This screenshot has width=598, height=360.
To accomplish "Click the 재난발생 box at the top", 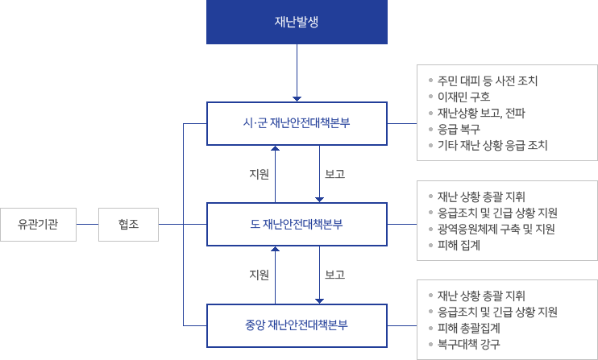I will click(x=297, y=22).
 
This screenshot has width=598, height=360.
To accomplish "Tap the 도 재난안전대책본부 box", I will click(x=297, y=223).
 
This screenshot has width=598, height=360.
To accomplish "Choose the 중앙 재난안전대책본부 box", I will click(x=297, y=325).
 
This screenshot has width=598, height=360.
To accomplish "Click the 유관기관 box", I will click(x=38, y=223).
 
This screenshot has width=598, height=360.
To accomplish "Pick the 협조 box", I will click(x=129, y=223).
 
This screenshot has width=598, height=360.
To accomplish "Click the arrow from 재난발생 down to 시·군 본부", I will click(x=297, y=72).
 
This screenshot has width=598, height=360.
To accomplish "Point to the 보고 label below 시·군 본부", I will click(x=334, y=173).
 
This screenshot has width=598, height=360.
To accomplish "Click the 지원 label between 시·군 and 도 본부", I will click(x=259, y=173).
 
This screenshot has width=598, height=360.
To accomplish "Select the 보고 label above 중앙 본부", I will click(x=334, y=275).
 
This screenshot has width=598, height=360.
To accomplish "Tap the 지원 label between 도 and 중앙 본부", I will click(x=259, y=275).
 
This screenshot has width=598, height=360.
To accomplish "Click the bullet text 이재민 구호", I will click(x=463, y=97).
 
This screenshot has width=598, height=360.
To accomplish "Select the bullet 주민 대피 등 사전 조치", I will click(x=488, y=81).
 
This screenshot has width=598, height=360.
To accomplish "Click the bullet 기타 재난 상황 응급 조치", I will click(x=492, y=145).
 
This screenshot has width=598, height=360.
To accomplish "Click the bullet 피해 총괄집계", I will click(x=468, y=328).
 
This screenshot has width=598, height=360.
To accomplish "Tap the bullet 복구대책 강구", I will click(x=468, y=344).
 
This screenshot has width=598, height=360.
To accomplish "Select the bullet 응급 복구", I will click(x=459, y=129).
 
